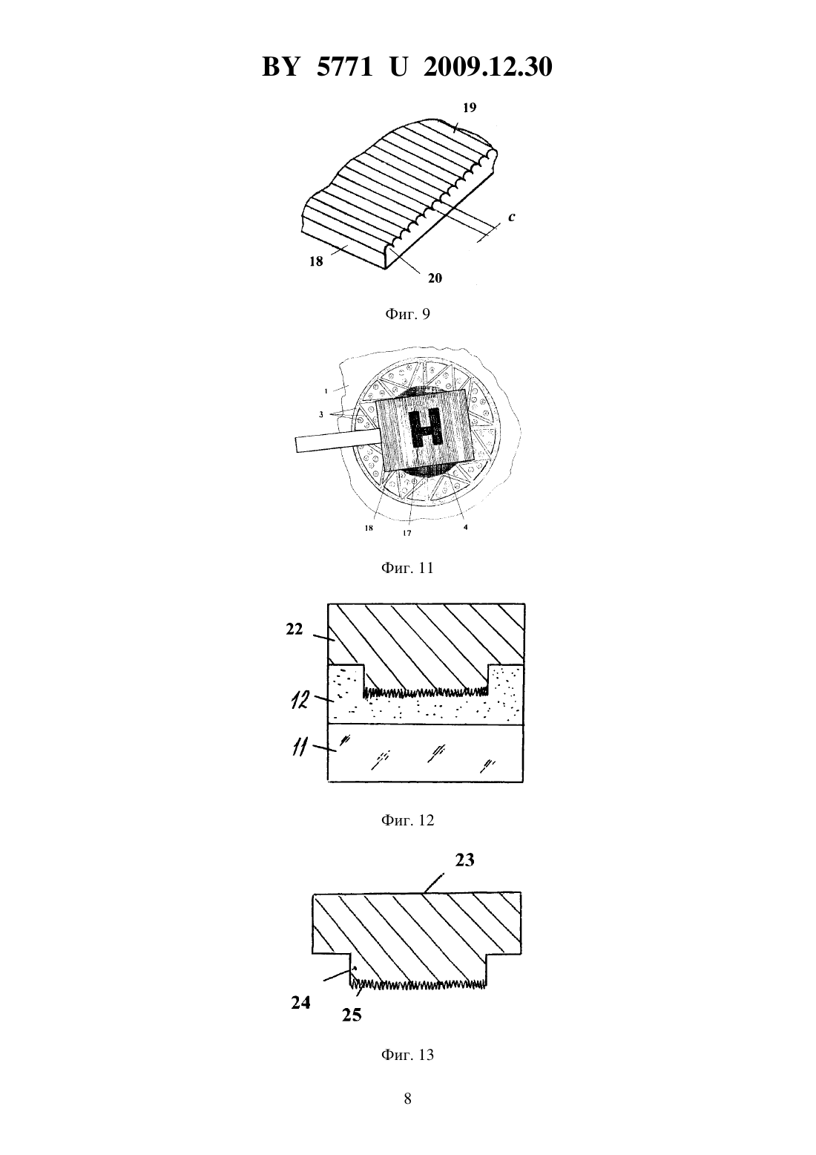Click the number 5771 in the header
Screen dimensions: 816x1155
point(344,67)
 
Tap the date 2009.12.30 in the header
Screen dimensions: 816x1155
point(488,67)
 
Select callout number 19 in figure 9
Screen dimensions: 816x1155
point(470,108)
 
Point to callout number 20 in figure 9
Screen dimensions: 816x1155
point(435,278)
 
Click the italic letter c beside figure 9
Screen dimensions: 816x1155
point(512,217)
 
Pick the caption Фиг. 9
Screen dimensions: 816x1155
point(407,314)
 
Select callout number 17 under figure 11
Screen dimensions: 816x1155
point(407,533)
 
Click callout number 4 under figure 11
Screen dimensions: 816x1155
point(465,528)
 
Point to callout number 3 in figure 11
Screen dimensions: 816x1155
point(321,414)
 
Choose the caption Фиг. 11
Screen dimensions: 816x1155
point(407,568)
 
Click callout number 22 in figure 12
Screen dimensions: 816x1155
point(295,629)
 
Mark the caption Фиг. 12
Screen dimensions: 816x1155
point(407,820)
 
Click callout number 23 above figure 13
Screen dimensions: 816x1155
point(464,860)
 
